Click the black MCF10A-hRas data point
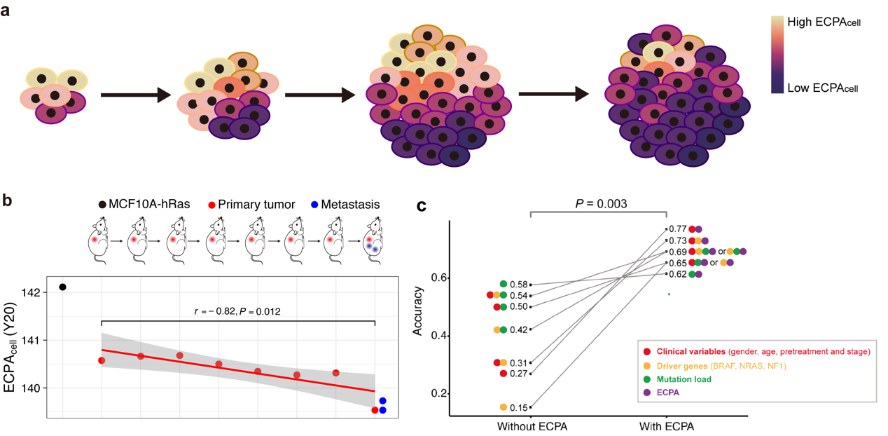[x=63, y=287]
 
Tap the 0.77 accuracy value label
[x=677, y=229]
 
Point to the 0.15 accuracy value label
[x=520, y=407]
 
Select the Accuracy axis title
[x=417, y=307]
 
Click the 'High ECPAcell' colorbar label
[x=824, y=22]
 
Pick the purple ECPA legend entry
[x=665, y=393]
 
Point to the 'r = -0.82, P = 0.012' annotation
[x=237, y=311]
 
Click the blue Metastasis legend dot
[x=315, y=205]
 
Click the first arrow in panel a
[x=136, y=94]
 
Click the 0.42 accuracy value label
[x=520, y=329]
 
